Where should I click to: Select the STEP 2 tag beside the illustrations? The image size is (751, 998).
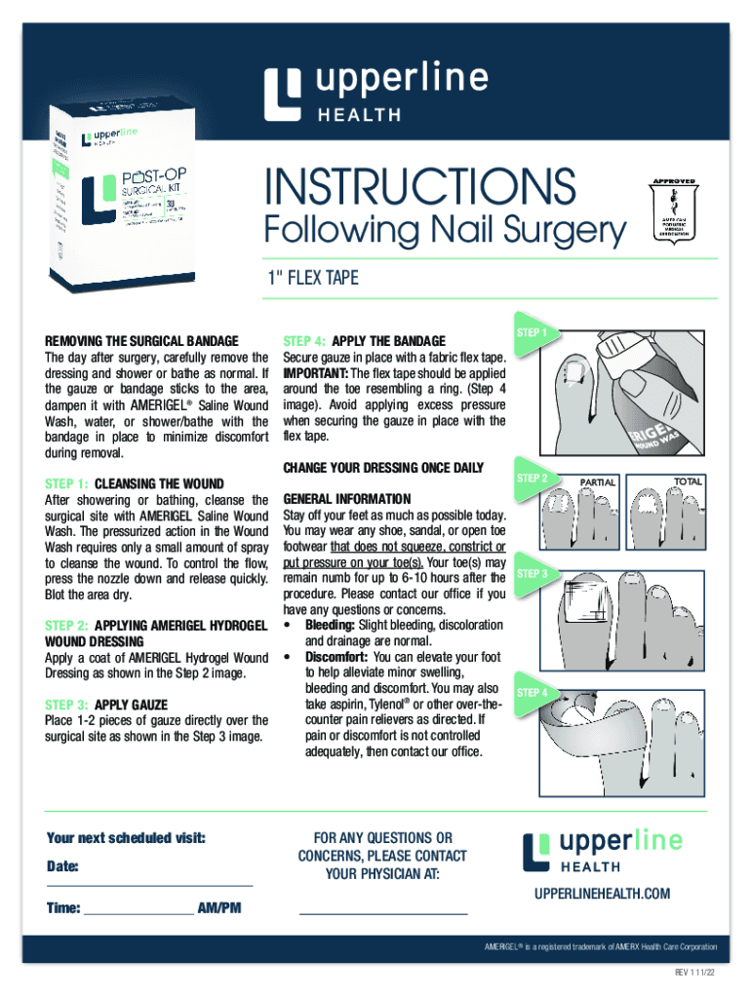[x=533, y=478]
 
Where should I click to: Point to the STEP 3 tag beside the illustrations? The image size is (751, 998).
[x=533, y=573]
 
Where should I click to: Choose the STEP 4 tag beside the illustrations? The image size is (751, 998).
[x=533, y=692]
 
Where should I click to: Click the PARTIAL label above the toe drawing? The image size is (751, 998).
[x=598, y=481]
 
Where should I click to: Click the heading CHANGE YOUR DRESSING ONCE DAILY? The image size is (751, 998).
[x=383, y=468]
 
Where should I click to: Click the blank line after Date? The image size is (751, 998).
[x=149, y=882]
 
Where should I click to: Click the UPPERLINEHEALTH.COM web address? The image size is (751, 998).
[x=602, y=894]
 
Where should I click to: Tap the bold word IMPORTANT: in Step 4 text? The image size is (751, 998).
[x=315, y=373]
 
